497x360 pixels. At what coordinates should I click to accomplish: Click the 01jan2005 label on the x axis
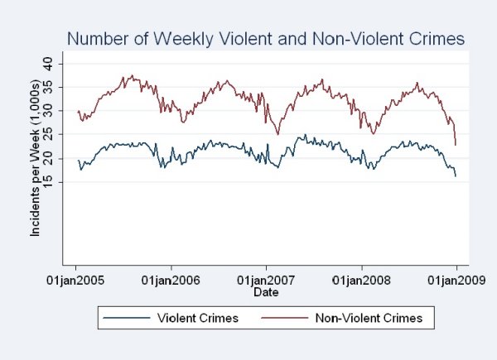[76, 281]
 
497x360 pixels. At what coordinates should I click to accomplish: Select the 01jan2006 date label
[171, 281]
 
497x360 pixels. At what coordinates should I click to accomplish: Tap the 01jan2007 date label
[266, 281]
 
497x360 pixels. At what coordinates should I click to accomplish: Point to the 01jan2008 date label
[361, 281]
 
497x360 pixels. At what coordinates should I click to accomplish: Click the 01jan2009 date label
[456, 281]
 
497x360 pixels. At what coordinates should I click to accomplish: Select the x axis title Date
[266, 292]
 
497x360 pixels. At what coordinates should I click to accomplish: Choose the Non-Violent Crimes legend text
[370, 317]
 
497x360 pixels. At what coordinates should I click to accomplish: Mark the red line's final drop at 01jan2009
[455, 137]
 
